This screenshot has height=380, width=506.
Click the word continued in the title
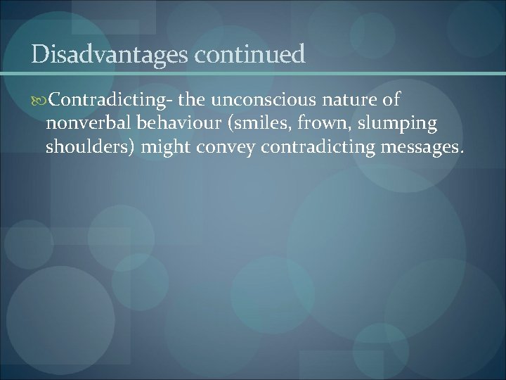(x=251, y=54)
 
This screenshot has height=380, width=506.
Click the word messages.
(x=417, y=148)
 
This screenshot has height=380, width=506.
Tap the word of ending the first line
(x=391, y=101)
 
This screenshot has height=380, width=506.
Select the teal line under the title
(x=253, y=73)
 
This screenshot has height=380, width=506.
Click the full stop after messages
(x=462, y=152)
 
